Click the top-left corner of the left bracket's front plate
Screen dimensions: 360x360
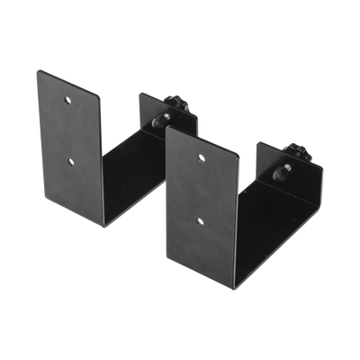point(37,70)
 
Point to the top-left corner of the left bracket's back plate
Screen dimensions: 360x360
point(137,90)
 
